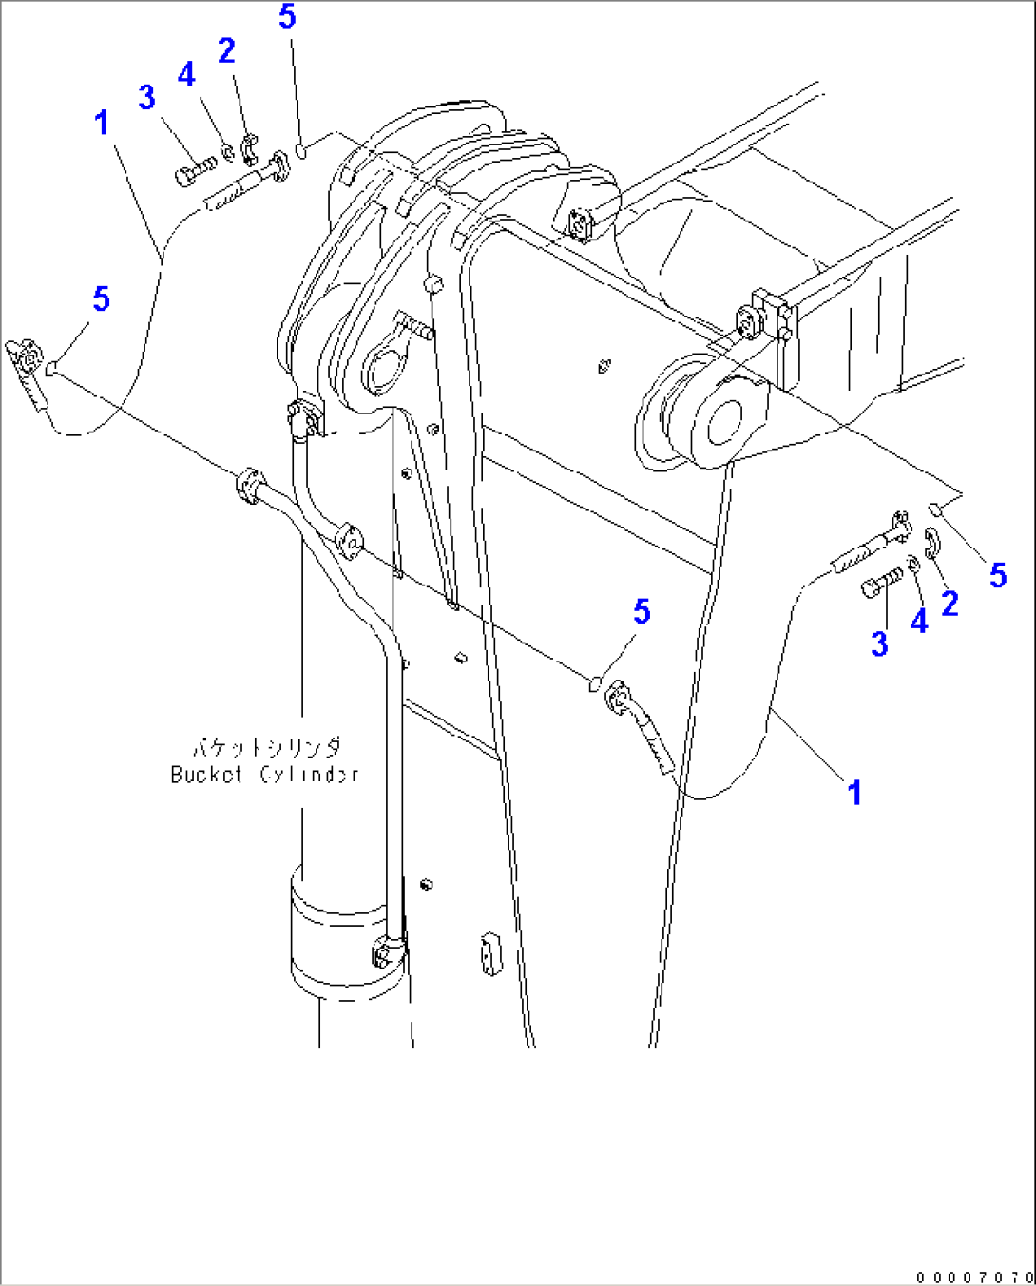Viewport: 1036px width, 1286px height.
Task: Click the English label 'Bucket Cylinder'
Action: click(264, 774)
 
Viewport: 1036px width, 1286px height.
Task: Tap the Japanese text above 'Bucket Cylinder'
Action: click(266, 747)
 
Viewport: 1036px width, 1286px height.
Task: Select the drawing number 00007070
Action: click(974, 1276)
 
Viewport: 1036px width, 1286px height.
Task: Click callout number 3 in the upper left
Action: click(146, 97)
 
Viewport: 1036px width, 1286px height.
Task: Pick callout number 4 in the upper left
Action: click(186, 74)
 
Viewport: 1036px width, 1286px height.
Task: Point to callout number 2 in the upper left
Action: click(226, 50)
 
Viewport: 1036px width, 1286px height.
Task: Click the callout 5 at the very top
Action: click(288, 16)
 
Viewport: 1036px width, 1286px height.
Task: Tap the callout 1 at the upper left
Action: click(102, 123)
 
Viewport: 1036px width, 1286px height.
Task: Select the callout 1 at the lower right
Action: click(854, 792)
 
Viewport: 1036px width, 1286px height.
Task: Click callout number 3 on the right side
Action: click(879, 643)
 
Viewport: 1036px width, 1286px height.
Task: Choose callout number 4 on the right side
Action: click(918, 622)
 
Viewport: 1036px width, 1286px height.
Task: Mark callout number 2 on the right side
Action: click(949, 603)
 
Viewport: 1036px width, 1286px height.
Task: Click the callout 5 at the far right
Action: click(997, 574)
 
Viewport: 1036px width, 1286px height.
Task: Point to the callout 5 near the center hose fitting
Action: click(642, 612)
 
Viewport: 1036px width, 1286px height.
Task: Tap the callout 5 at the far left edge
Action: click(101, 299)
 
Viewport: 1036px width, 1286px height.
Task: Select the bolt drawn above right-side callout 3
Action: click(883, 583)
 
